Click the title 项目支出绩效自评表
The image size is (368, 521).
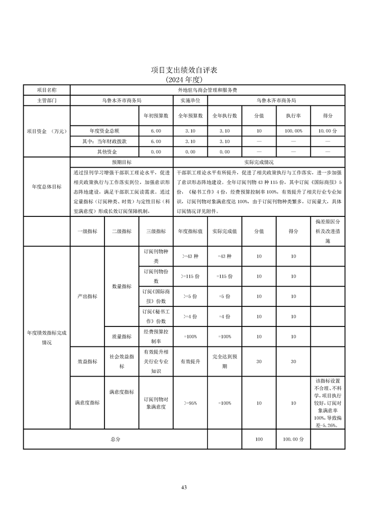pos(184,70)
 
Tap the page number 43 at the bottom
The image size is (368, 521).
pos(184,487)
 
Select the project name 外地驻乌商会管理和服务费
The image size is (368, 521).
pos(207,90)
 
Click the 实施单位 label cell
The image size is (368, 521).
pos(190,100)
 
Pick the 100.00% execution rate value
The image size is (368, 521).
pos(293,131)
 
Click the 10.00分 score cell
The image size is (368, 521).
pos(328,131)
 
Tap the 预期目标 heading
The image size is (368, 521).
pos(122,163)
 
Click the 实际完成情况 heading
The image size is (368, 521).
pos(258,163)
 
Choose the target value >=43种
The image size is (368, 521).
pos(190,256)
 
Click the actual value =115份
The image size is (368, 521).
pos(224,276)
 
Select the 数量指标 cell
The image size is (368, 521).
pos(122,287)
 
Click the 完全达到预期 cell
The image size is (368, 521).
pos(224,361)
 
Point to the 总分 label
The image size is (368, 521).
pos(115,439)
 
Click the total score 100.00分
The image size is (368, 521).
pos(293,439)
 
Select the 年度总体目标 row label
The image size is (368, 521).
pos(46,186)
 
